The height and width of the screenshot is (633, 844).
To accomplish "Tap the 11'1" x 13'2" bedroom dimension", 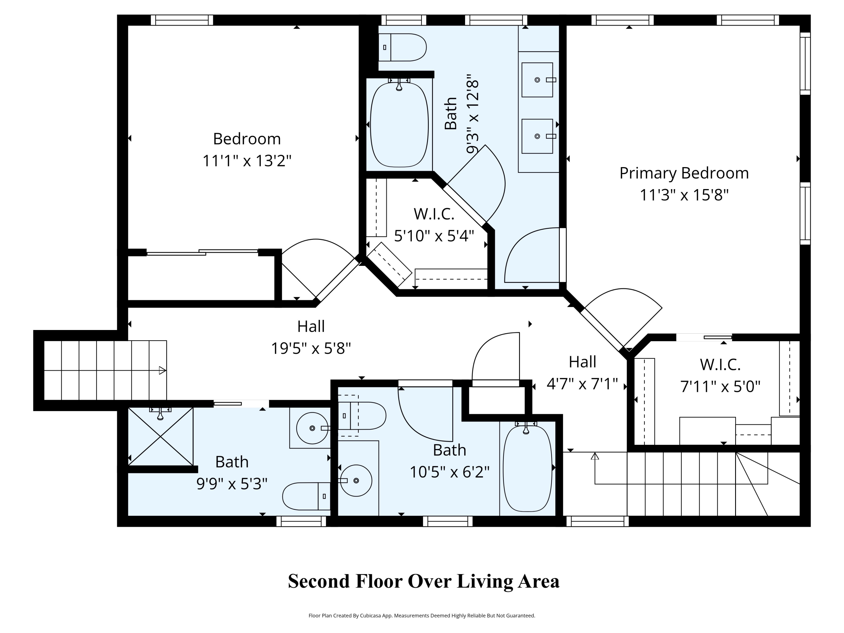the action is point(247,161).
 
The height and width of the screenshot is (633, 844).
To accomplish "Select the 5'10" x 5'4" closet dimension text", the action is point(434,236).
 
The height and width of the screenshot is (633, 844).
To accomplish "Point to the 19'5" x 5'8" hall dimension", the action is point(311,348).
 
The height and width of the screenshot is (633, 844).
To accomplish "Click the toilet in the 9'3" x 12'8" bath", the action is point(402,47).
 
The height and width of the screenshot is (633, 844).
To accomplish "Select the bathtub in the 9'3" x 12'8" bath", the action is point(399,125).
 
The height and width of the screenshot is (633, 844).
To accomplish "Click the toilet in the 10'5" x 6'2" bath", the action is point(362,416).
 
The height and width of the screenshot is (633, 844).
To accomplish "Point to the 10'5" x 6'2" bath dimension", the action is point(450,472).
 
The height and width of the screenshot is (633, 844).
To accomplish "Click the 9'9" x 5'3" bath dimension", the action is point(232,484).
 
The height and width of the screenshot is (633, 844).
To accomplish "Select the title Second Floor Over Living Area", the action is point(423,582).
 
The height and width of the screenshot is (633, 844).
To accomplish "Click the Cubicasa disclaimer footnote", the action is point(422,616).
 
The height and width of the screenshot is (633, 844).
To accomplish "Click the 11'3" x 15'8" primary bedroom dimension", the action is point(684,195).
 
